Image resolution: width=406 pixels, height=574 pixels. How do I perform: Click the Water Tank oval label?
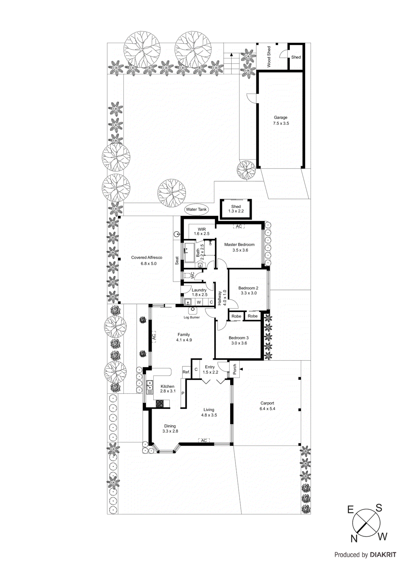click(x=196, y=210)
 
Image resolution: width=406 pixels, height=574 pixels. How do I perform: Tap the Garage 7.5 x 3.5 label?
click(x=281, y=120)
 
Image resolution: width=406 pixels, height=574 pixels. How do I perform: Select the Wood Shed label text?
click(x=269, y=57)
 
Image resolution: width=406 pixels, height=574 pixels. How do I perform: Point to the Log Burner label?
click(x=192, y=317)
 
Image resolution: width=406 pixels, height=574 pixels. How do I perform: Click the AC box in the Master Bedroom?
click(x=239, y=226)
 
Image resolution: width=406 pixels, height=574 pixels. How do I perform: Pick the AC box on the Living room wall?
click(x=204, y=440)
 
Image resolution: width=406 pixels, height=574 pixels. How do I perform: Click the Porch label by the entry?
click(x=235, y=369)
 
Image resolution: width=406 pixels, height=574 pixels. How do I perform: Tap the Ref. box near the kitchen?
click(x=186, y=372)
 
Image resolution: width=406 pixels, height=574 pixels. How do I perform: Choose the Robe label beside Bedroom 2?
click(x=253, y=316)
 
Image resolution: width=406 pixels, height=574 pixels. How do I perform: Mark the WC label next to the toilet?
click(x=192, y=275)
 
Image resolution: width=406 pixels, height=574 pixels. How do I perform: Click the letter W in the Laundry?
click(x=199, y=302)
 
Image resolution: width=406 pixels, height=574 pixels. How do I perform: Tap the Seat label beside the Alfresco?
click(x=177, y=260)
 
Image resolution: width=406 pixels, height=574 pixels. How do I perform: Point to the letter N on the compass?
click(x=354, y=538)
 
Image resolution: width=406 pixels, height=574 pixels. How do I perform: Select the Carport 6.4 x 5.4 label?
click(x=267, y=406)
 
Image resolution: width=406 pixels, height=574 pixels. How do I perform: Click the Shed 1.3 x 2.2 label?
click(x=236, y=209)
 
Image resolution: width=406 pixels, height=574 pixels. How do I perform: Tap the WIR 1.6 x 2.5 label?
click(x=202, y=231)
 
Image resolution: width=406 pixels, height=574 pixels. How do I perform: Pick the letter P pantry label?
click(x=183, y=393)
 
